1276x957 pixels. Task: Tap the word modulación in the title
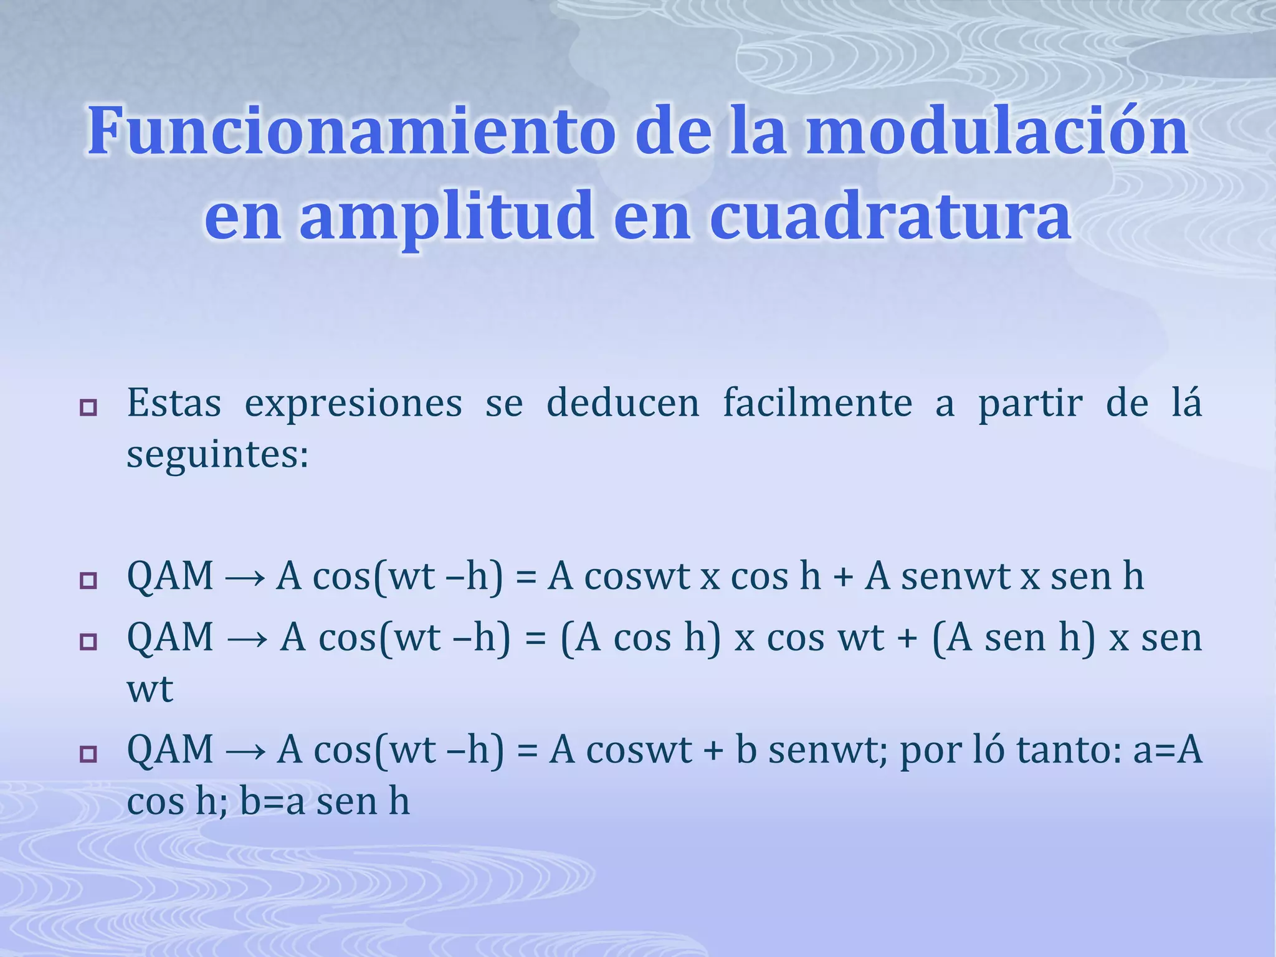(997, 132)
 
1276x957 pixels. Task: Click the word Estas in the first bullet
(174, 403)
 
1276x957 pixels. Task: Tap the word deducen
(622, 403)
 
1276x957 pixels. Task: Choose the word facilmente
(817, 403)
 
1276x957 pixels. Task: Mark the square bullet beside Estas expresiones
(88, 409)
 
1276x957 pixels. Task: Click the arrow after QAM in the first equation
(245, 578)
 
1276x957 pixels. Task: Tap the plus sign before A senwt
(842, 578)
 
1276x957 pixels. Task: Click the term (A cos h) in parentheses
(640, 639)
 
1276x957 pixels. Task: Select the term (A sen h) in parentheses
(1014, 639)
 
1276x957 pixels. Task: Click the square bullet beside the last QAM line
(88, 755)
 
